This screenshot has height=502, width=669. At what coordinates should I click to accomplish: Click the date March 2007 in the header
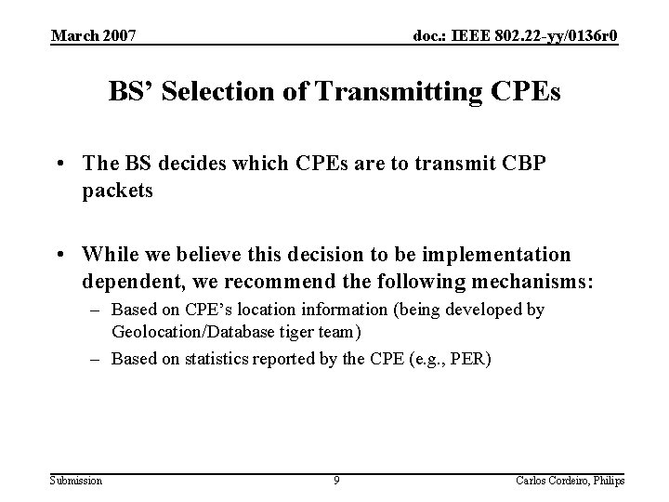[94, 36]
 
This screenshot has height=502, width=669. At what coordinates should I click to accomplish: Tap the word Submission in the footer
[77, 480]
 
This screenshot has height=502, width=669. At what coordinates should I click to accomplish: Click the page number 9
[337, 480]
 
